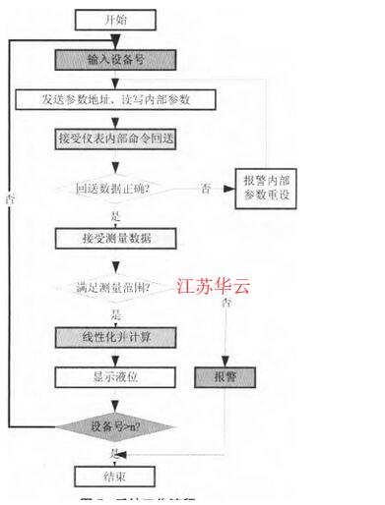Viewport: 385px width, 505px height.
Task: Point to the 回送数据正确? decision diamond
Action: coord(115,187)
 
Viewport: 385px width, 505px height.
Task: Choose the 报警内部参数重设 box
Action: coord(265,187)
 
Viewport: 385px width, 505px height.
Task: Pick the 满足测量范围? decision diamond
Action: coord(114,289)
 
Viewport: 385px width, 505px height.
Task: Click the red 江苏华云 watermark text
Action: coord(215,287)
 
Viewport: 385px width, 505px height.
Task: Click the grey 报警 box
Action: coord(225,376)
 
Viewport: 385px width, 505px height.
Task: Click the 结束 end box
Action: coord(115,477)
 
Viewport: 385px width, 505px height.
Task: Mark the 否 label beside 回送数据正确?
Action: coord(205,187)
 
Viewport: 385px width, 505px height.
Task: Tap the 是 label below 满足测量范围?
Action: coord(117,313)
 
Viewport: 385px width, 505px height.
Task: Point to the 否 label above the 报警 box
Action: coord(226,304)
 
